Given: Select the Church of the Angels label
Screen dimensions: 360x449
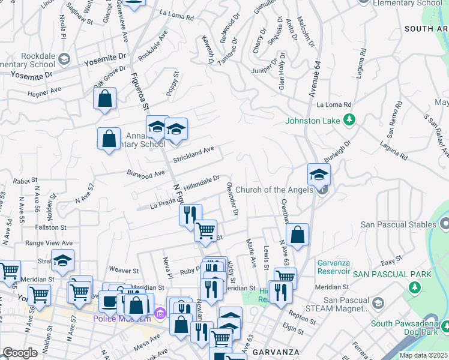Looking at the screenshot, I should [x=274, y=190].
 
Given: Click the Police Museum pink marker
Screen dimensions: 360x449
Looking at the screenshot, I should [x=160, y=313].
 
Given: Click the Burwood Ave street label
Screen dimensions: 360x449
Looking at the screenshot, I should [x=145, y=173].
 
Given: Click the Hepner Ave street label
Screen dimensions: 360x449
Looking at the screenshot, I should [x=44, y=91].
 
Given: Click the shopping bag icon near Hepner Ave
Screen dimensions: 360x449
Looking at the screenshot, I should [x=104, y=98].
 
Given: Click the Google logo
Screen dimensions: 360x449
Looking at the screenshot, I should [x=20, y=353].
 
